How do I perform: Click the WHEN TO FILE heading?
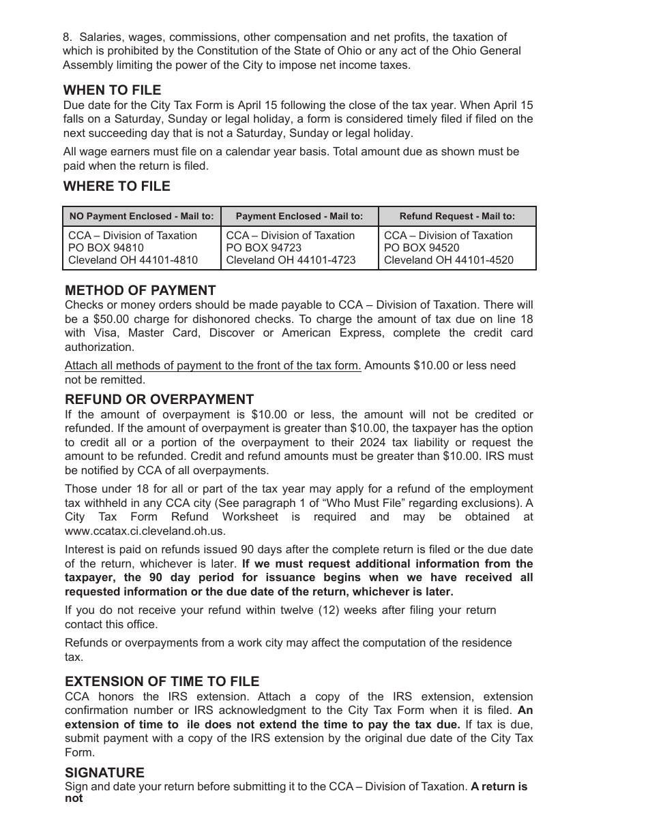click(x=112, y=90)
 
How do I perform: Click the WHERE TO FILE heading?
click(x=117, y=186)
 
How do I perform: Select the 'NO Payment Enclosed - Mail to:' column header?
click(x=141, y=217)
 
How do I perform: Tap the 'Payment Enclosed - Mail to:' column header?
click(x=299, y=217)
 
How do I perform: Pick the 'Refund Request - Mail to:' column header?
click(x=457, y=217)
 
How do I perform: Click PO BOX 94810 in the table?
click(x=106, y=248)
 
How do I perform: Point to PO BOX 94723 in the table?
click(x=263, y=248)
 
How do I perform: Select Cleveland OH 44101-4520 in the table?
click(x=448, y=260)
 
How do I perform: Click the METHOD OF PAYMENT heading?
click(x=140, y=290)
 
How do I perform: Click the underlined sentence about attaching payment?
click(x=213, y=366)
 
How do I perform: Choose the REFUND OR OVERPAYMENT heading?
click(x=159, y=399)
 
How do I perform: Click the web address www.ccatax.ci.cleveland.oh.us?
click(x=145, y=531)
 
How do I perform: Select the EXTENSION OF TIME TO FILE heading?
click(x=162, y=681)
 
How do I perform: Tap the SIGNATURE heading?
click(x=104, y=773)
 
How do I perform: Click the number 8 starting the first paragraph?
click(x=66, y=37)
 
